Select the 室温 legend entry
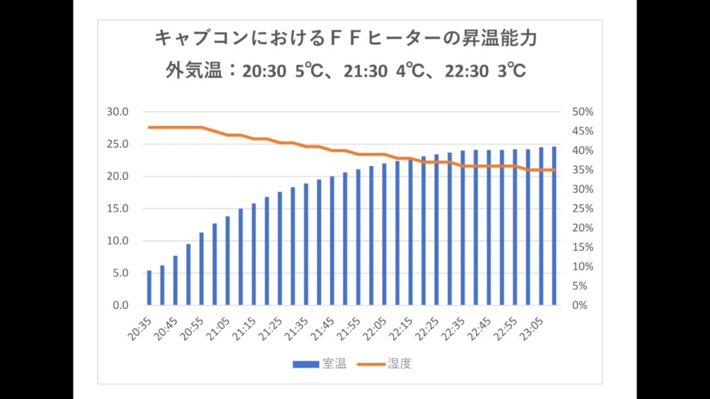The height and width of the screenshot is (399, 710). click(x=319, y=364)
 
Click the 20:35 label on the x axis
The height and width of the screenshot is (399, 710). click(x=139, y=328)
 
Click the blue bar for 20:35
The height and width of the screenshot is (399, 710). click(x=149, y=288)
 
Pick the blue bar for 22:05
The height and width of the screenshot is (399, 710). click(x=384, y=234)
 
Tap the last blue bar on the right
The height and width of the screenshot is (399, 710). click(x=554, y=226)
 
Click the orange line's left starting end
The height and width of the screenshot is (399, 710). click(x=149, y=127)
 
